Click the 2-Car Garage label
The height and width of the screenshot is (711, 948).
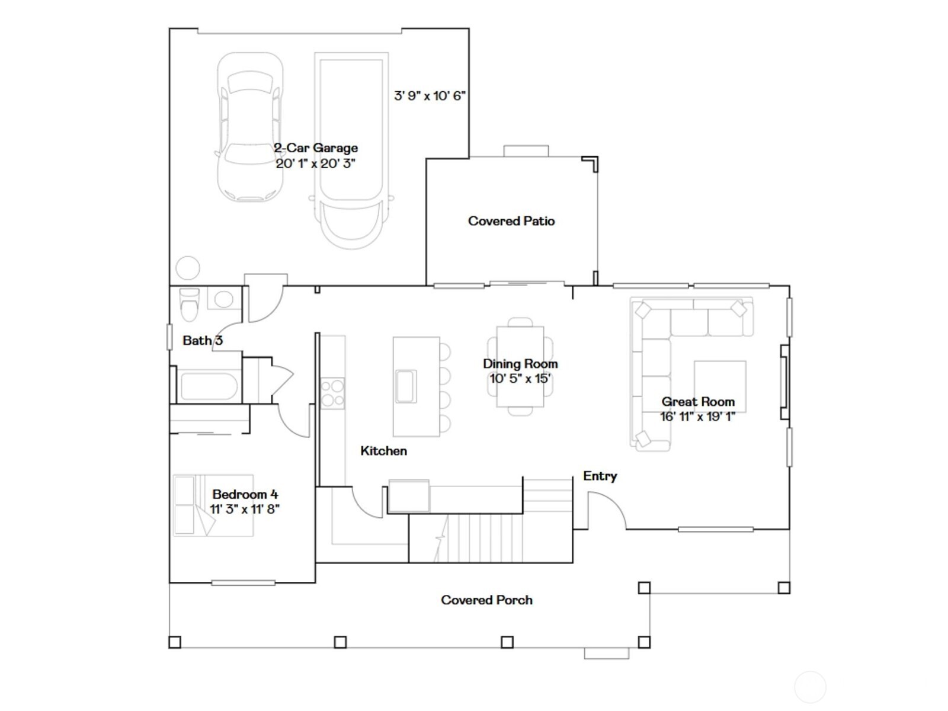click(316, 148)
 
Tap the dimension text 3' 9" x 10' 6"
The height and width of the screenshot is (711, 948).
click(430, 95)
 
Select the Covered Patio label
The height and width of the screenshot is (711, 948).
click(511, 221)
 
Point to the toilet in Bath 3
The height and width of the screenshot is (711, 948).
click(189, 305)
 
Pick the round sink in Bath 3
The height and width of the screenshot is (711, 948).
click(224, 299)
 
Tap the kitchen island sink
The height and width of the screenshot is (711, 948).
click(406, 386)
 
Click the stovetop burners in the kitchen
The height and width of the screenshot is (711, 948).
click(332, 393)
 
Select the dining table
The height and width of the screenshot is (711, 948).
click(520, 367)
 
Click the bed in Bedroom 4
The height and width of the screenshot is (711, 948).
click(213, 505)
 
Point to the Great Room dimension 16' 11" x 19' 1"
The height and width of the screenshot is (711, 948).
click(697, 417)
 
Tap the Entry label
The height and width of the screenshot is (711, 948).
click(600, 476)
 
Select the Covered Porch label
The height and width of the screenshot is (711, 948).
click(487, 600)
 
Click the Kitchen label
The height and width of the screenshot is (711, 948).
click(383, 451)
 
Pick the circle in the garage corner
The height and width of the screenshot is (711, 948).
click(188, 268)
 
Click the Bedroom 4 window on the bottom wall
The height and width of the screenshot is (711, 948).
click(243, 583)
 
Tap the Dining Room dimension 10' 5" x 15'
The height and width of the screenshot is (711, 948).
click(520, 379)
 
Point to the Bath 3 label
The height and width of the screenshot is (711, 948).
click(203, 341)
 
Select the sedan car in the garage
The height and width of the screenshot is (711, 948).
click(250, 127)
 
